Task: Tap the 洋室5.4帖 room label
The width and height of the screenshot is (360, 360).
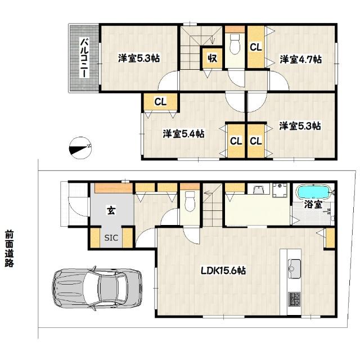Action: (183, 134)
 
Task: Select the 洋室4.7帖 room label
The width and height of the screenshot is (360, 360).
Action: (301, 59)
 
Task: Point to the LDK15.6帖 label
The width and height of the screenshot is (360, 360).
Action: (223, 271)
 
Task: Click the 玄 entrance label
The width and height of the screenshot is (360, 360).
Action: (111, 211)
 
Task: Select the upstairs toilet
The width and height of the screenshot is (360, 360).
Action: (235, 43)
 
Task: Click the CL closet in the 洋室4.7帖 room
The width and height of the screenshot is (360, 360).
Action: (256, 47)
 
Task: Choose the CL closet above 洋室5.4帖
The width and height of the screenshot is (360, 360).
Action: (160, 102)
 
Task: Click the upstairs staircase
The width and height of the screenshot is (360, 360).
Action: (194, 51)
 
